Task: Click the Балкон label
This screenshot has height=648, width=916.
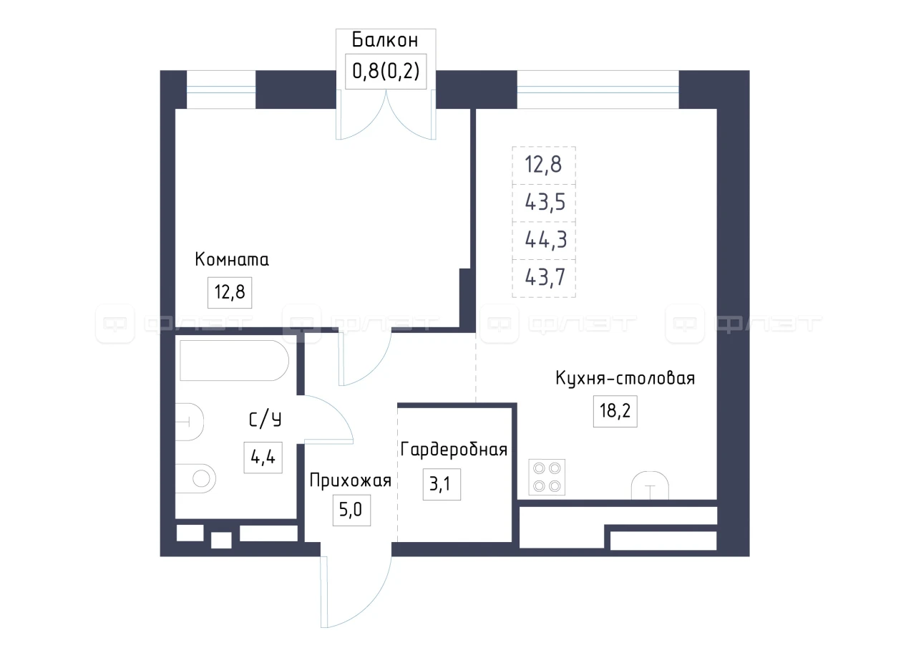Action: point(385,40)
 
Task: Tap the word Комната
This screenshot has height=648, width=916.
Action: point(232,259)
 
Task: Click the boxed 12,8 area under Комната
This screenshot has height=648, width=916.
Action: point(230,293)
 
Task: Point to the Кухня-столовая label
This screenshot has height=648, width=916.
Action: point(625,378)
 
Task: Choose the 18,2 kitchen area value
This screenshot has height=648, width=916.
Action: point(615,411)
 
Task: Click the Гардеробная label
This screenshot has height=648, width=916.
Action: point(454,450)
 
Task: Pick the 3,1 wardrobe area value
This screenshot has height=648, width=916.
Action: point(442,484)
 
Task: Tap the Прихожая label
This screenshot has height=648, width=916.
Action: point(351,480)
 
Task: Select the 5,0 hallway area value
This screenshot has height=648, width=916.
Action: point(351,510)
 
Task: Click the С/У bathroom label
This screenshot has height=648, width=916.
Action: point(265,420)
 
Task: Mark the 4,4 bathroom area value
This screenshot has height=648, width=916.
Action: point(263,458)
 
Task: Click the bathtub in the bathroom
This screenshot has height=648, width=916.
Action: point(234,360)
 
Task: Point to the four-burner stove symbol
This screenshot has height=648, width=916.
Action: point(547,477)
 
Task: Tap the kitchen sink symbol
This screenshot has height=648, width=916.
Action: point(651,485)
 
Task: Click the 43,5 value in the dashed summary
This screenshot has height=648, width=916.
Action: point(545,203)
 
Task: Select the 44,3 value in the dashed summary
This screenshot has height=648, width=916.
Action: point(545,240)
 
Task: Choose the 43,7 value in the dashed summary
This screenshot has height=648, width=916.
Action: point(545,278)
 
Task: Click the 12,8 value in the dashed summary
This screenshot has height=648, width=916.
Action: point(543,165)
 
